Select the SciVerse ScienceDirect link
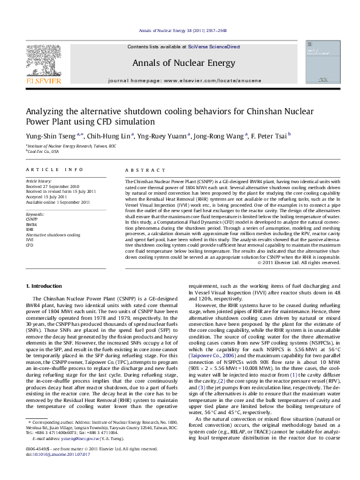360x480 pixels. [x=214, y=47]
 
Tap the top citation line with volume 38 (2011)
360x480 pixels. [x=182, y=30]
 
